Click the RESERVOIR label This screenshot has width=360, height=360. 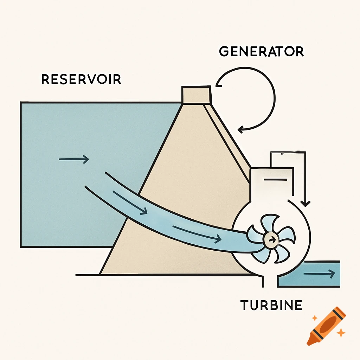click(81, 79)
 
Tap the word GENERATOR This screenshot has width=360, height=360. click(261, 52)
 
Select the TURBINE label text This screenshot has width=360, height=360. click(271, 305)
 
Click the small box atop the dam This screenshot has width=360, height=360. click(196, 95)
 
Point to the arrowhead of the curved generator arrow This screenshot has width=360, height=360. click(240, 130)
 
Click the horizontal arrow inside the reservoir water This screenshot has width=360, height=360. click(74, 160)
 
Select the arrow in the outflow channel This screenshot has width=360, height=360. click(319, 274)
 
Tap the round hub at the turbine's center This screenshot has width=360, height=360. click(270, 239)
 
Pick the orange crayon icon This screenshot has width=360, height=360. click(326, 326)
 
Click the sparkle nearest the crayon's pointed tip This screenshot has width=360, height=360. click(314, 318)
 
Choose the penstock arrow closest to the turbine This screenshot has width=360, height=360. click(197, 234)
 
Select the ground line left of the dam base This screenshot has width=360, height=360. click(88, 275)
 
